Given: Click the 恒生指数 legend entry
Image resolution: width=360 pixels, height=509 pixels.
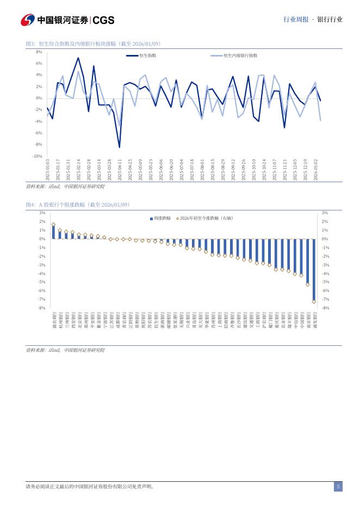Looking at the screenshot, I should click(147, 55).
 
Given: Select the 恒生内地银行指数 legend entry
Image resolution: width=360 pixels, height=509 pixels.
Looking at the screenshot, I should click(240, 55).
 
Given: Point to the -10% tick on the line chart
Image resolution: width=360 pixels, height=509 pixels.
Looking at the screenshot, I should click(38, 156).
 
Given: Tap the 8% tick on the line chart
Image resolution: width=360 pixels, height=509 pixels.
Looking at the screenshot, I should click(39, 52).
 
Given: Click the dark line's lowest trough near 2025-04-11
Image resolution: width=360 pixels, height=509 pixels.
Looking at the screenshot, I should click(120, 147).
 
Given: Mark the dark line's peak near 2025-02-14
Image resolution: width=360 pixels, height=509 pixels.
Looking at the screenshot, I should click(78, 58).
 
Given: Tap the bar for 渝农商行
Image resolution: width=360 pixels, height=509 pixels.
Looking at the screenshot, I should click(53, 232).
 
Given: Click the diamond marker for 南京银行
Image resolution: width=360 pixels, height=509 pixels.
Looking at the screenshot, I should click(308, 284).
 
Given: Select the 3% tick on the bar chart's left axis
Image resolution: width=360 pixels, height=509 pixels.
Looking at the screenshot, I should click(42, 213).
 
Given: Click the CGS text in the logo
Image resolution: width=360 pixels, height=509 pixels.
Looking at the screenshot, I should click(103, 20).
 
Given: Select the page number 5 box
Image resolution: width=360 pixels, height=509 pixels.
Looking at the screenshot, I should click(338, 487).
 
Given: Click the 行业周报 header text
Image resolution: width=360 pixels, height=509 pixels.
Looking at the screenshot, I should click(295, 20).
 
